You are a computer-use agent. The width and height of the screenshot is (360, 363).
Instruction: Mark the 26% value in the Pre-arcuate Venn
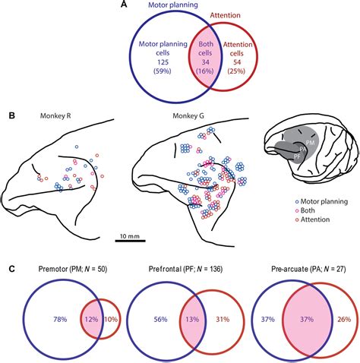pos(341,320)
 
